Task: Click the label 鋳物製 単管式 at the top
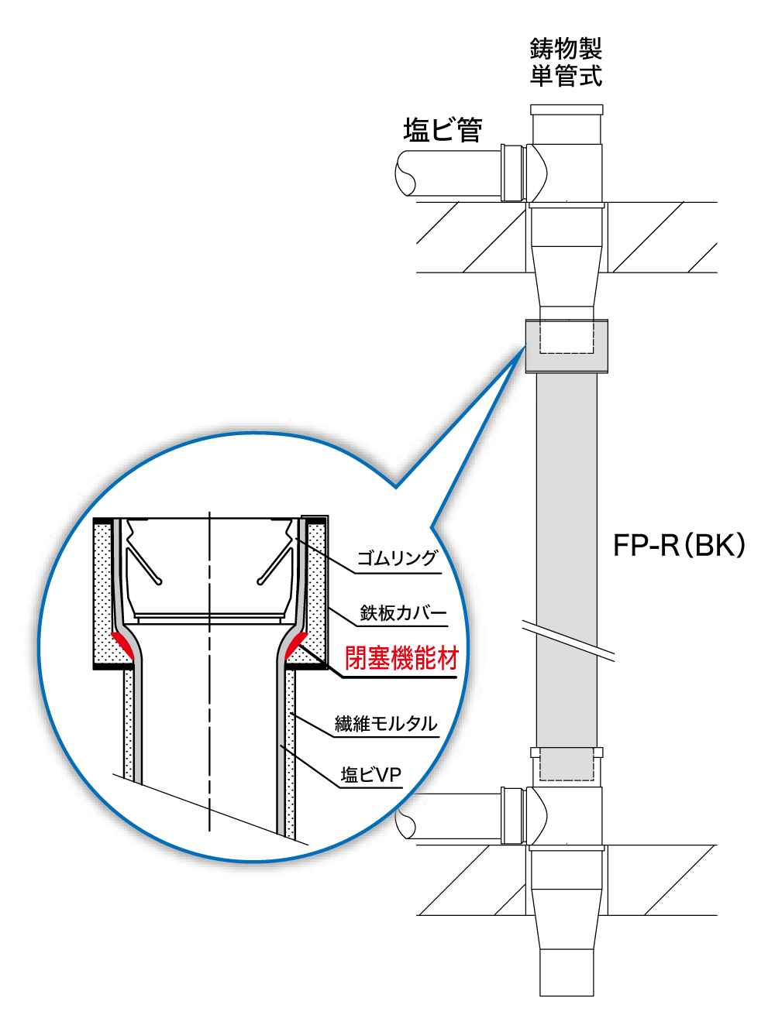[x=566, y=62]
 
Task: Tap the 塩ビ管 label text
[x=443, y=129]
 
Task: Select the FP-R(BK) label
[x=678, y=545]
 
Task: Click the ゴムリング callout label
[x=397, y=558]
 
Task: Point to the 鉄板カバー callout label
[x=402, y=613]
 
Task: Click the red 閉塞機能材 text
[x=401, y=658]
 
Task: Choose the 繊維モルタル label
[x=386, y=724]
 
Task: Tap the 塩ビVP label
[x=371, y=774]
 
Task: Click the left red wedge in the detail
[x=122, y=645]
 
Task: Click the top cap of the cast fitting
[x=567, y=110]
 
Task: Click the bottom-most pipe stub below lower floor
[x=567, y=972]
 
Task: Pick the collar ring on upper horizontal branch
[x=512, y=173]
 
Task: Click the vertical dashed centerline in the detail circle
[x=210, y=674]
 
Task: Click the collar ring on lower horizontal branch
[x=512, y=814]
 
